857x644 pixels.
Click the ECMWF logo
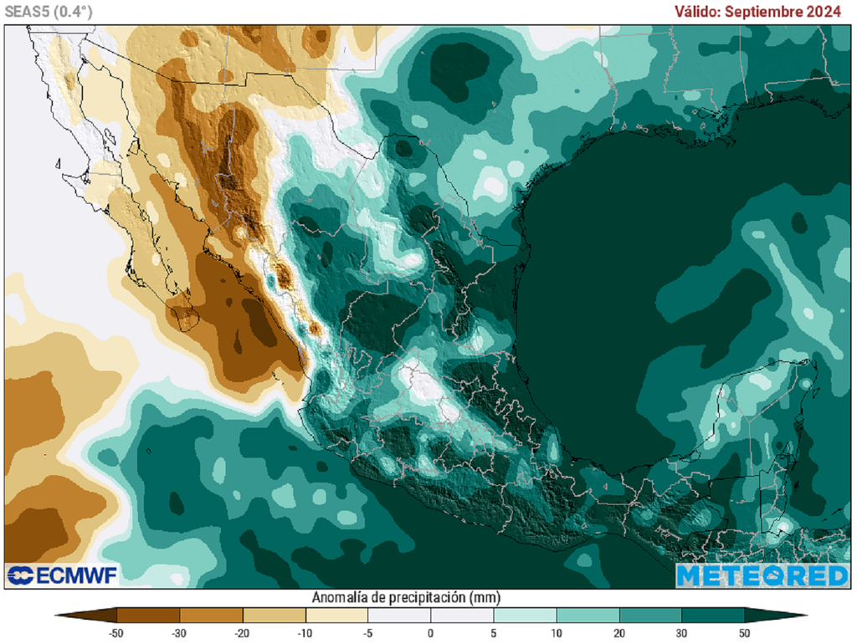point(62,575)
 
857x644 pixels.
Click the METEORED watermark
point(762,575)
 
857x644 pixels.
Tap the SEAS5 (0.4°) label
point(49,11)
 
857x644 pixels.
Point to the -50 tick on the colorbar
point(117,632)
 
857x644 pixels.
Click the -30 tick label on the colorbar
point(179,632)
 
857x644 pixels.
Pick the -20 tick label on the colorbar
point(242,632)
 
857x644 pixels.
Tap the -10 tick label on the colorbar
point(305,632)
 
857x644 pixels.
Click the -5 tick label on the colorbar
point(367,632)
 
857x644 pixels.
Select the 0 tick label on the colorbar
point(430,632)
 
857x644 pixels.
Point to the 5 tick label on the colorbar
point(493,632)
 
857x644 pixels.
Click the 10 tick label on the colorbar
point(556,632)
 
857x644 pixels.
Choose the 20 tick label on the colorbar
point(618,632)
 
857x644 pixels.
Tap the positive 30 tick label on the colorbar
point(681,632)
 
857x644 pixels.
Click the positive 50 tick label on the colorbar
point(744,632)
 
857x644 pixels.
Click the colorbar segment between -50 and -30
point(148,616)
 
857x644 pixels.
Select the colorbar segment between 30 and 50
point(712,616)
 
